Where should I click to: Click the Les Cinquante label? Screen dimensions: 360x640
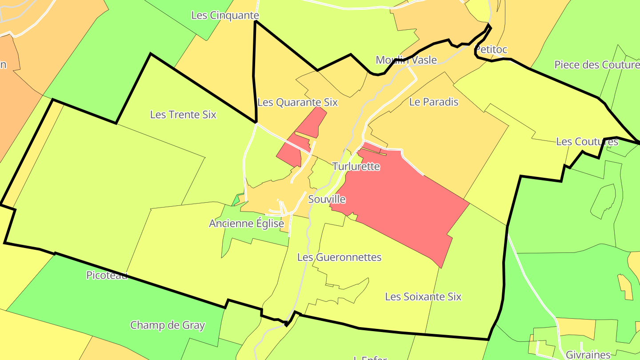(225, 15)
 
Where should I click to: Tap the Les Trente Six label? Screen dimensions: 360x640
(183, 114)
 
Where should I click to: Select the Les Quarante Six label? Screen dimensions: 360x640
(298, 102)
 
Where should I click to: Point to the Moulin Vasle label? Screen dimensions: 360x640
(406, 60)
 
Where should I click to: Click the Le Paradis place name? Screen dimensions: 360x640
(433, 102)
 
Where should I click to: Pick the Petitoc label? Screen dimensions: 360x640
(491, 49)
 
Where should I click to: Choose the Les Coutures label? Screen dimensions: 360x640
(587, 142)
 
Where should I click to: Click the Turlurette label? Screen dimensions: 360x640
(356, 166)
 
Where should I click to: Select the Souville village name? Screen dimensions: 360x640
(327, 199)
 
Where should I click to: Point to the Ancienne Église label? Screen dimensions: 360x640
(246, 223)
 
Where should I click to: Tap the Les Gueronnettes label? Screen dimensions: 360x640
(339, 257)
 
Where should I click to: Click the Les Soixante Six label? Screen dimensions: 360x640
(423, 296)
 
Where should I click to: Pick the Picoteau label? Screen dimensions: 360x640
(107, 275)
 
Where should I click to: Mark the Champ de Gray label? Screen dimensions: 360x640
(168, 325)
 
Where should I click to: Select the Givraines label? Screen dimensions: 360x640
(588, 355)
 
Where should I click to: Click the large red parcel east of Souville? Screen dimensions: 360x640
(400, 200)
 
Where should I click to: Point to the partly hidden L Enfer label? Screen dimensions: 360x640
(370, 357)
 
